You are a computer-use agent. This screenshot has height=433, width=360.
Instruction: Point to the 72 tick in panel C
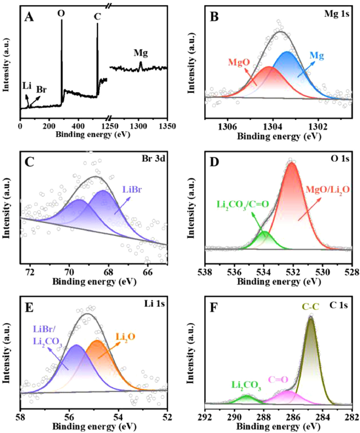pyautogui.click(x=30, y=270)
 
